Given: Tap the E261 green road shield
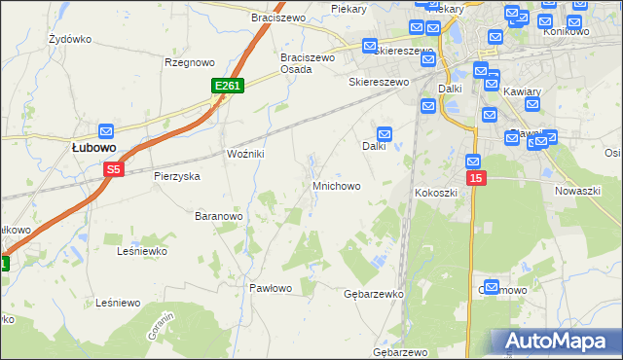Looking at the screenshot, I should tap(227, 87).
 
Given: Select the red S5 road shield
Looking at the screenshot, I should tap(114, 169).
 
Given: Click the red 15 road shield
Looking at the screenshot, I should tap(475, 178).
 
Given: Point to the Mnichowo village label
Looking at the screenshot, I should tap(337, 185).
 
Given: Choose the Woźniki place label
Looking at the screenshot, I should tap(245, 155).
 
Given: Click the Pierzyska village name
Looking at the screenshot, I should tap(177, 176).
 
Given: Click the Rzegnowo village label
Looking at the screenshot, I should tap(189, 62).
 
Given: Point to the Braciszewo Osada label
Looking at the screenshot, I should tap(308, 63).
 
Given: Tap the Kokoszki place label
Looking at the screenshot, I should tap(436, 193).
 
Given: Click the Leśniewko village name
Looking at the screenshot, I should tap(141, 250).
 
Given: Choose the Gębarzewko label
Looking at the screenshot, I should tap(374, 293).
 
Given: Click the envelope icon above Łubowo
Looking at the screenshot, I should tap(106, 130).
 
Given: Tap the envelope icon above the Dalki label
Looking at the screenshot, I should tap(385, 133).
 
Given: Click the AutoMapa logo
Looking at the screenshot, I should tap(556, 341).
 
